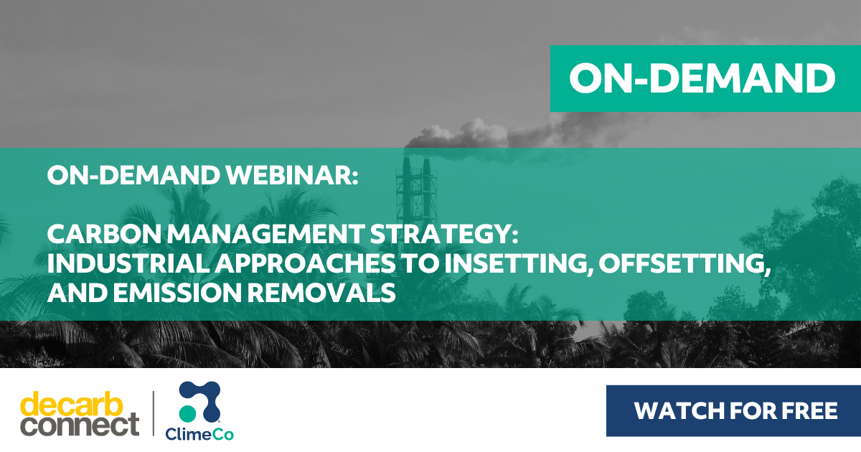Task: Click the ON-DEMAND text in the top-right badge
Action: click(x=702, y=78)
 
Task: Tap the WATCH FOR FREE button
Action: click(x=733, y=411)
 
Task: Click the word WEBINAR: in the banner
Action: click(x=292, y=175)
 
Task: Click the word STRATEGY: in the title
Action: click(x=444, y=234)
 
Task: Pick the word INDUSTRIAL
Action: click(x=128, y=263)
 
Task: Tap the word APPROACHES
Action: click(x=305, y=263)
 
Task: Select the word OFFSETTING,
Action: click(x=684, y=264)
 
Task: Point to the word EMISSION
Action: click(x=177, y=293)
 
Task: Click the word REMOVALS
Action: click(x=321, y=293)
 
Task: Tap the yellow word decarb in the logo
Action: click(x=72, y=405)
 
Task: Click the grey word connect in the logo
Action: click(x=80, y=425)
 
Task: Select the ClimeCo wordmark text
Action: click(x=199, y=434)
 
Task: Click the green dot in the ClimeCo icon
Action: click(x=187, y=413)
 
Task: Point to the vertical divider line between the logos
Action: click(x=154, y=413)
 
